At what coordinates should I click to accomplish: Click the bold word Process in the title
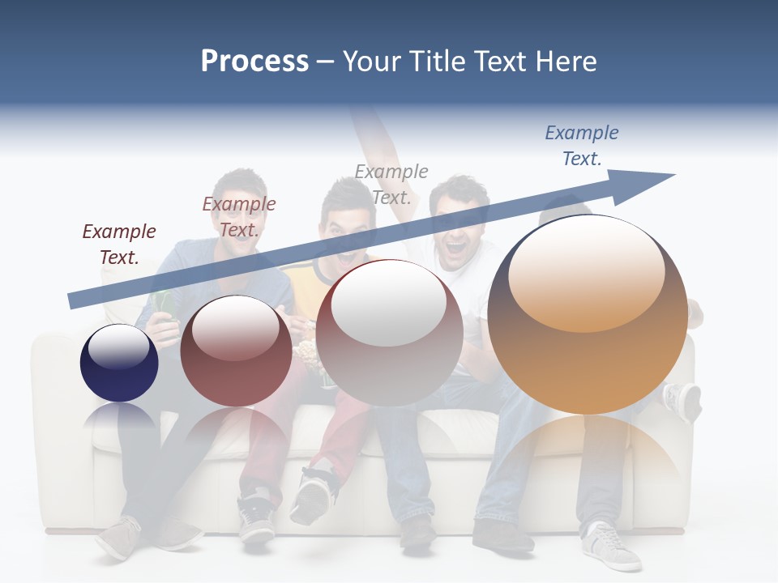[x=254, y=62]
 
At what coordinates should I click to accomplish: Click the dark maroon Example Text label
[x=119, y=245]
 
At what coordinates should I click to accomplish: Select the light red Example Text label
[x=239, y=217]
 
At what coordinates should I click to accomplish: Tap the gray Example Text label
[x=391, y=184]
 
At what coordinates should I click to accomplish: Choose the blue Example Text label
[x=582, y=146]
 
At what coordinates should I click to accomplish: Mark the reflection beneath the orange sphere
[x=588, y=453]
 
